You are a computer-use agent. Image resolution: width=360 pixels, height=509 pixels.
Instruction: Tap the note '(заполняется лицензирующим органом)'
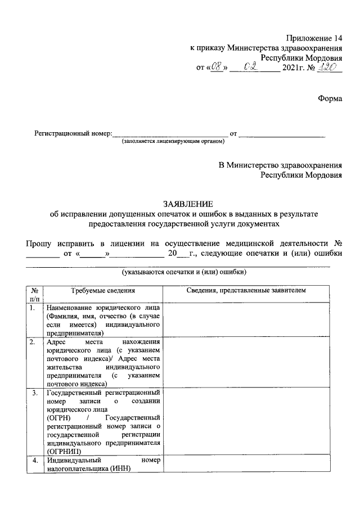coord(169,142)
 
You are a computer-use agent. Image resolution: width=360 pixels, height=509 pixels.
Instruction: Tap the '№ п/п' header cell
coord(34,294)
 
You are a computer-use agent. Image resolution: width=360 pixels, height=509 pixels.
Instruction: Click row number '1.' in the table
coord(34,308)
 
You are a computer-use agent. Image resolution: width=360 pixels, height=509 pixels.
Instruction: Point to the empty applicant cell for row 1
coord(251,320)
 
